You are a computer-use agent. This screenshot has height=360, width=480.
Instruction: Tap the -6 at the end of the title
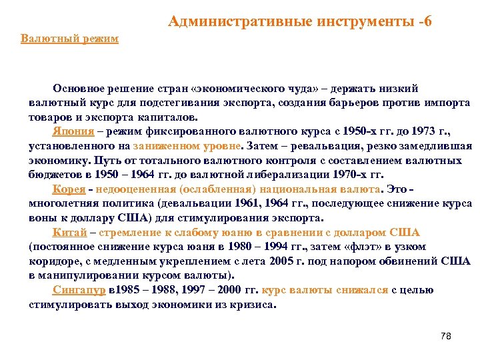point(423,21)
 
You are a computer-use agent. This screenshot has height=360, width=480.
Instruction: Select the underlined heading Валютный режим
point(69,39)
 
